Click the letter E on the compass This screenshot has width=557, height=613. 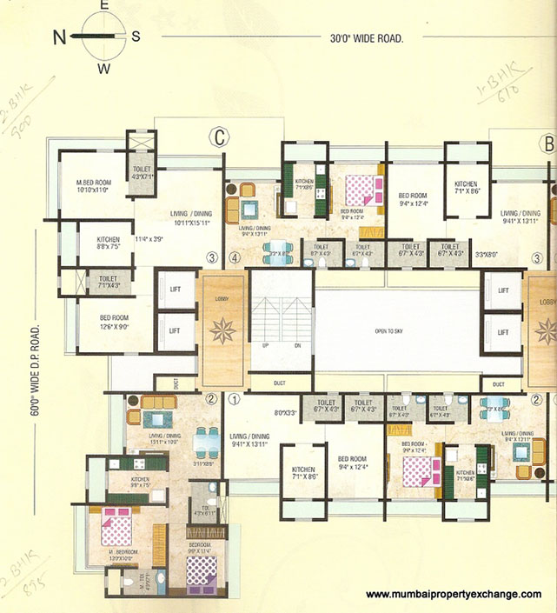[103, 6]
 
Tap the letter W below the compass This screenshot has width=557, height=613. [103, 68]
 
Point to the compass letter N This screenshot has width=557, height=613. [60, 37]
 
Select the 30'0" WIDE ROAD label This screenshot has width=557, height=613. [368, 37]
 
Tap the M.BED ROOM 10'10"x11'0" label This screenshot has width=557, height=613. [93, 185]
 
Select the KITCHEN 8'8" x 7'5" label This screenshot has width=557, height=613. [109, 243]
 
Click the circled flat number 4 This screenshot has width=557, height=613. [234, 257]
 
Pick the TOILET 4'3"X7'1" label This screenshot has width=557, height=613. [142, 173]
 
